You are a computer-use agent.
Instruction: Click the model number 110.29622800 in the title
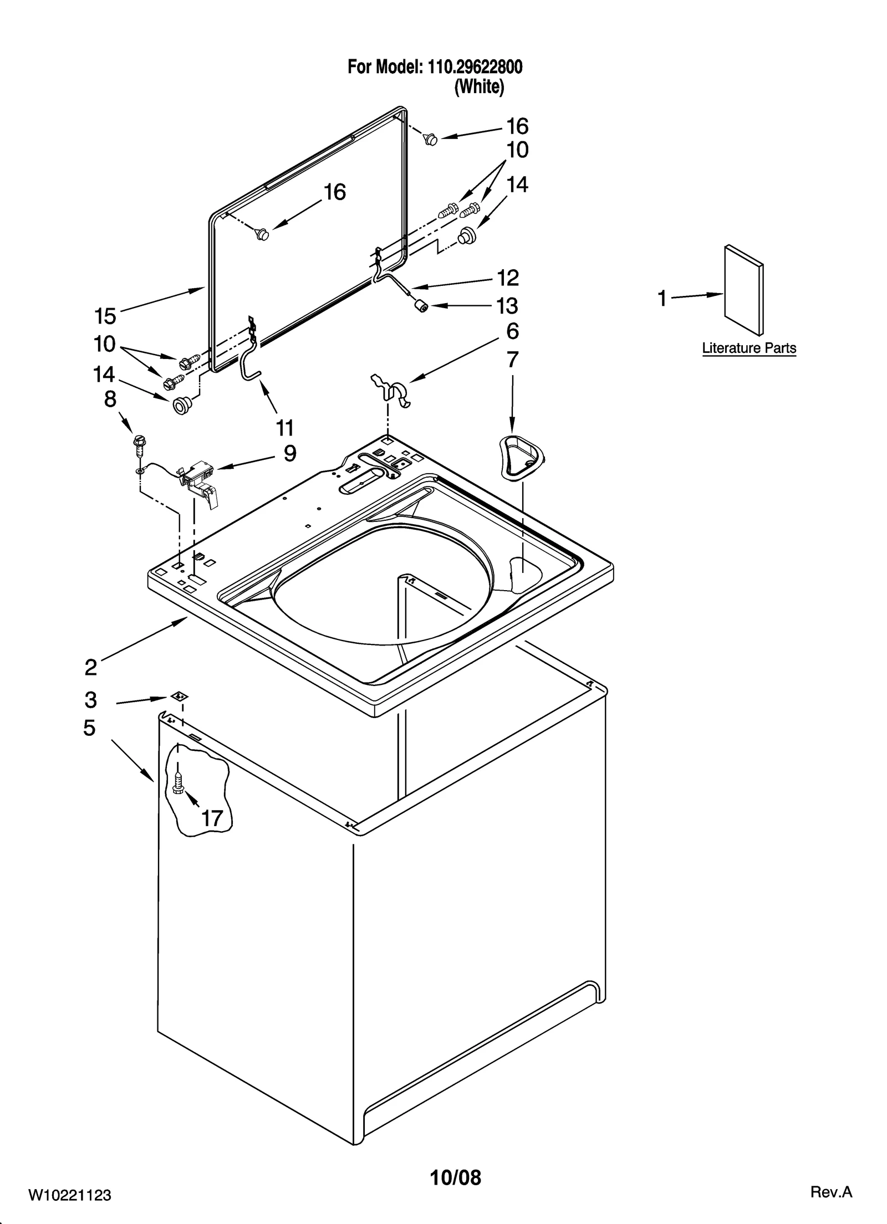click(474, 68)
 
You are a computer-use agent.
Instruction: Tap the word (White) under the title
click(479, 88)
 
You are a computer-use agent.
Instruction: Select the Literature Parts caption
click(748, 348)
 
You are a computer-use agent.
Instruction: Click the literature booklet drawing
click(744, 290)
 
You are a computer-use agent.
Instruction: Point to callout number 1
click(662, 299)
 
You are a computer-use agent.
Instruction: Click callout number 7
click(512, 360)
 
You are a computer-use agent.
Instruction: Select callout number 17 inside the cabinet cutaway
click(212, 818)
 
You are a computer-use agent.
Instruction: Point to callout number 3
click(91, 700)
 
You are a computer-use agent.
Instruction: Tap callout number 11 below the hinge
click(284, 428)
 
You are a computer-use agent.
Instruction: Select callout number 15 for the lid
click(105, 316)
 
